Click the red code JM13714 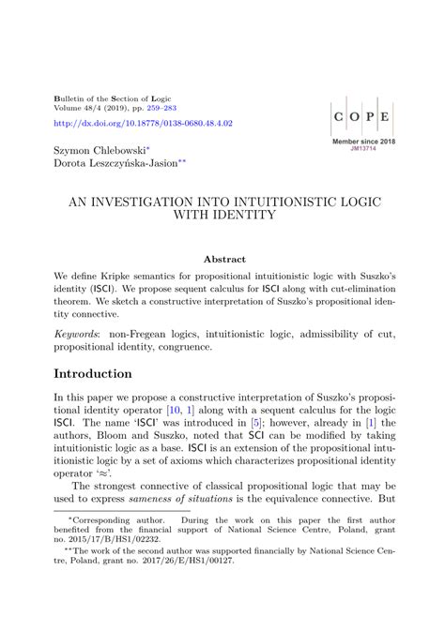(363, 148)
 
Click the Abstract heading (224, 259)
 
